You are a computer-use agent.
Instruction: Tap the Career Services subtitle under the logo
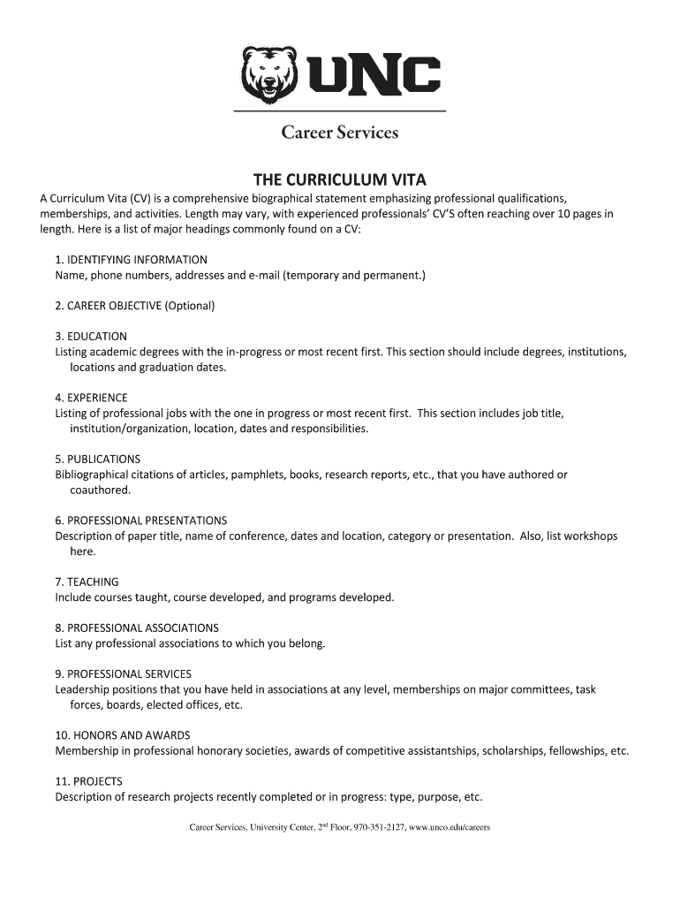[340, 133]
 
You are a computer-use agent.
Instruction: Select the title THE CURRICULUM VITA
[340, 178]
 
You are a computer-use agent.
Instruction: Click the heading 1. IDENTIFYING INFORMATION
[131, 260]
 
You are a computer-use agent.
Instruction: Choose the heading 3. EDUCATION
[91, 337]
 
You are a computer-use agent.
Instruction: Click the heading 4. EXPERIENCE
[91, 398]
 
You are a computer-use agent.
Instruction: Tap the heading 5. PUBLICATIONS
[97, 460]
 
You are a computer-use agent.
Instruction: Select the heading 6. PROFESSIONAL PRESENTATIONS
[140, 521]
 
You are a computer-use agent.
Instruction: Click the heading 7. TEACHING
[87, 582]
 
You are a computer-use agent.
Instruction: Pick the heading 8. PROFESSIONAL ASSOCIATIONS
[137, 627]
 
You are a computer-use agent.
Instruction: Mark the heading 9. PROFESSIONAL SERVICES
[123, 673]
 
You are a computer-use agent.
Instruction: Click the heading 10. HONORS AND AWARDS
[122, 735]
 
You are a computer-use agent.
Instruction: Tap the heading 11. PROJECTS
[88, 781]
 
